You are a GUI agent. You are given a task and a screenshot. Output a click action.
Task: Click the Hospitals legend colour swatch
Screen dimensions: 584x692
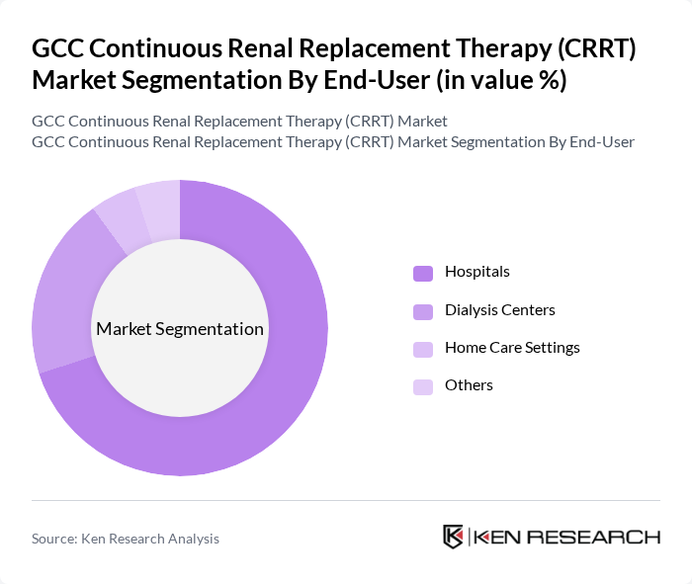click(423, 273)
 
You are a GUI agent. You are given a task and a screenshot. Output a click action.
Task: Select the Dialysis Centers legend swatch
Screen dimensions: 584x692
click(423, 311)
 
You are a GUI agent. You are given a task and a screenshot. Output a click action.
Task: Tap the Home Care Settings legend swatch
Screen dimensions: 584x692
click(423, 349)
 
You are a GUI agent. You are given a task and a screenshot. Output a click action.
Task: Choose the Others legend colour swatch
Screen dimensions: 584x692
click(423, 386)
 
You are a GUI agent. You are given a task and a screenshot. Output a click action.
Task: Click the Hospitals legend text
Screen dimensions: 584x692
click(477, 272)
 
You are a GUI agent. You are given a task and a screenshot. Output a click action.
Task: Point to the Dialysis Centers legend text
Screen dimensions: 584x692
click(499, 310)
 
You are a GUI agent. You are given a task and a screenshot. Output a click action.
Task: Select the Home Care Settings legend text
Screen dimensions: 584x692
click(512, 348)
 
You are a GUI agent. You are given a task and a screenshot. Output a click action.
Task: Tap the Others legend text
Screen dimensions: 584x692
click(469, 385)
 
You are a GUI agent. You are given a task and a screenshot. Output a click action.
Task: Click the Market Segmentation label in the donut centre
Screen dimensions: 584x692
click(180, 329)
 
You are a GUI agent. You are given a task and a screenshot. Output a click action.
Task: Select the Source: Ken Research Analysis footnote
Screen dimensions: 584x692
click(126, 539)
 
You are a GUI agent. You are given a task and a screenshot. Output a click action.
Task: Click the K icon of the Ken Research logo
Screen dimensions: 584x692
click(453, 537)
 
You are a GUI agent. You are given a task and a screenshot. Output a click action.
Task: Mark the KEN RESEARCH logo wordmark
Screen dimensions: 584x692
click(566, 538)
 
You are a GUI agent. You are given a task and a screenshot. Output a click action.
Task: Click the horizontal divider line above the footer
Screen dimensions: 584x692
click(346, 501)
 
